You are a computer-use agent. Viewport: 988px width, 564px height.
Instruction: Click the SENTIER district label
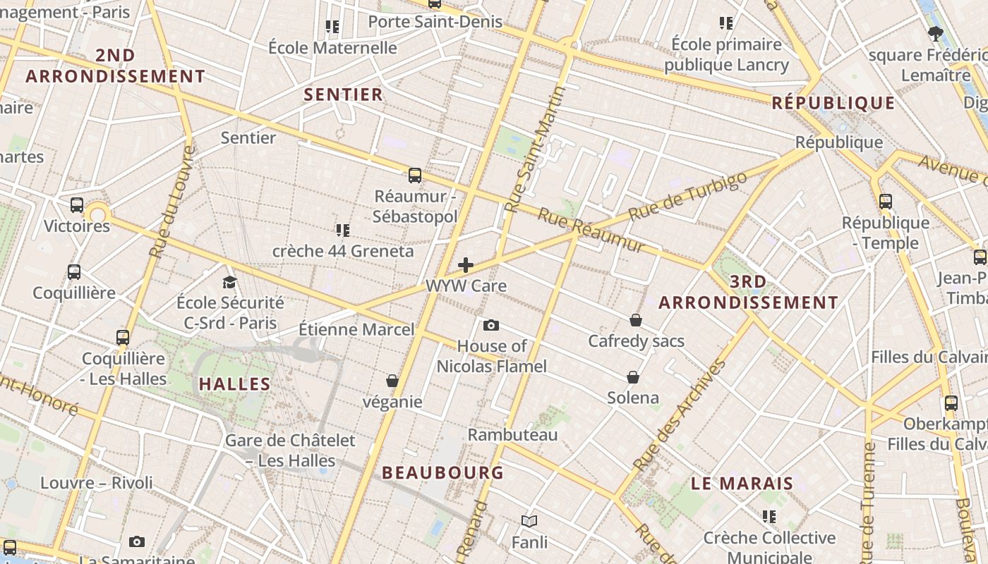[343, 94]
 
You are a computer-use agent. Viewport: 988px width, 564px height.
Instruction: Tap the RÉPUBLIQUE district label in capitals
[833, 104]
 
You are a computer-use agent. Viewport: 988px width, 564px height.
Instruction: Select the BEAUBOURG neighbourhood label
[442, 473]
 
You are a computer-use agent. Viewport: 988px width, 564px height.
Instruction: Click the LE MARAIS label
[742, 484]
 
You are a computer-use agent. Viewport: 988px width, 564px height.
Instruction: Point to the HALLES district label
[234, 384]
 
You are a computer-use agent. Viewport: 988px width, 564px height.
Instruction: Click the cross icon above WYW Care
[466, 265]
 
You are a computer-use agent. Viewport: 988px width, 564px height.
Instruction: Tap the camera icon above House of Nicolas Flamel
[491, 325]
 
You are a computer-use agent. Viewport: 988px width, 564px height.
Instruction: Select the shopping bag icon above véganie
[392, 381]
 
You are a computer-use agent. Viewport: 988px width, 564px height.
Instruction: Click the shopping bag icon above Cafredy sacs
[636, 320]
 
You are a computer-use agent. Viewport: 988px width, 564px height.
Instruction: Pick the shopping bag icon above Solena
[633, 377]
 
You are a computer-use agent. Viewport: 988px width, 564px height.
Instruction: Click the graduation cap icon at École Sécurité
[229, 282]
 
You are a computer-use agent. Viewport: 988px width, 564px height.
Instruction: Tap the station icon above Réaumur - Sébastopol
[415, 176]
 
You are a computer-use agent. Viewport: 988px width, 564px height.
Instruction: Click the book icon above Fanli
[529, 521]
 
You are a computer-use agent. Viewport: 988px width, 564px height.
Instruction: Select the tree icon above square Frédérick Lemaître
[935, 33]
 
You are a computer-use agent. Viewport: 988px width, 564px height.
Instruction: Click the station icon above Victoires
[77, 205]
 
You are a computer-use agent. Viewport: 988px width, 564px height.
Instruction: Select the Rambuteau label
[512, 435]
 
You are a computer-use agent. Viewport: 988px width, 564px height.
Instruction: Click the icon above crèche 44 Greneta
[343, 230]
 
